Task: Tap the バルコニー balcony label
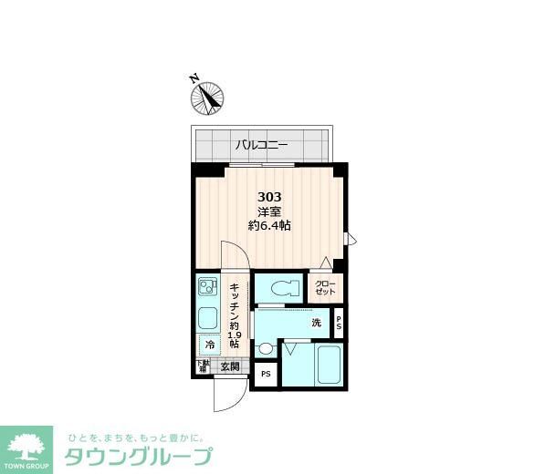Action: tap(262, 144)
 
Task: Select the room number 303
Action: tap(269, 197)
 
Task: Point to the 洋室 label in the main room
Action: tap(269, 211)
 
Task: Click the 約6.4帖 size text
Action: tap(269, 226)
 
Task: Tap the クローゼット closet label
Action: tap(325, 288)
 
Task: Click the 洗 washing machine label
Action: tap(317, 323)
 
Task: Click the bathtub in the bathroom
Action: tap(326, 366)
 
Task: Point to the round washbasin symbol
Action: tap(266, 348)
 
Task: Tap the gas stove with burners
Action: tap(207, 288)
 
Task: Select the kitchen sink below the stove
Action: tap(207, 319)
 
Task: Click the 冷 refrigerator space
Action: tap(209, 345)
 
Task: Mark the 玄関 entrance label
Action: tap(229, 367)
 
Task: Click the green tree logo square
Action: tap(27, 448)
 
